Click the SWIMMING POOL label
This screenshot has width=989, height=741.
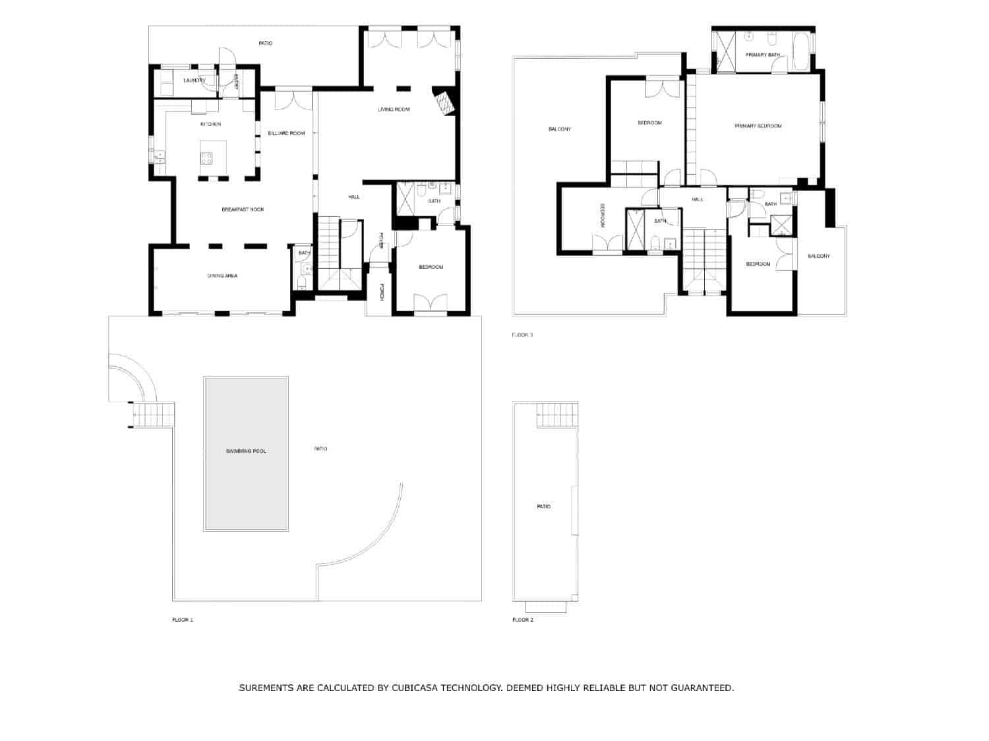tap(245, 452)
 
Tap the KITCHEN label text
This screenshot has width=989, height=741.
tap(210, 125)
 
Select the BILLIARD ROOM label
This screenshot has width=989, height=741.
tap(286, 134)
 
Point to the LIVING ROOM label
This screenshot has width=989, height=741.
tap(394, 109)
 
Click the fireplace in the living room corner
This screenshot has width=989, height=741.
tap(446, 103)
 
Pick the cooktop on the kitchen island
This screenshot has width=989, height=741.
tap(206, 158)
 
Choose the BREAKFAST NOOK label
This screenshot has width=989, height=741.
tap(242, 210)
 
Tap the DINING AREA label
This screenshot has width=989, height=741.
tap(222, 276)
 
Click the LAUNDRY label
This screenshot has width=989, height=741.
tap(195, 80)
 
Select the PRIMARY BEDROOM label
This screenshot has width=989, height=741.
tap(758, 126)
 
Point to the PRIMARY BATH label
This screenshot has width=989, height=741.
tap(762, 55)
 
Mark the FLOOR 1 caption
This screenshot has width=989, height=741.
tap(183, 620)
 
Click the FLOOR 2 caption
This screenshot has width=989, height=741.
tap(523, 620)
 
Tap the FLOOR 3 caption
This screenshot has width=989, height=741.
tap(523, 335)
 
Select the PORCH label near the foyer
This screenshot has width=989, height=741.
tap(381, 292)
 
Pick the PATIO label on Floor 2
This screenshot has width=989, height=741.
tap(543, 507)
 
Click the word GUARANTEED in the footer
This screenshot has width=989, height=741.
tap(701, 688)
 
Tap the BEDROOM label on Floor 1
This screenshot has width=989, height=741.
tap(431, 268)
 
